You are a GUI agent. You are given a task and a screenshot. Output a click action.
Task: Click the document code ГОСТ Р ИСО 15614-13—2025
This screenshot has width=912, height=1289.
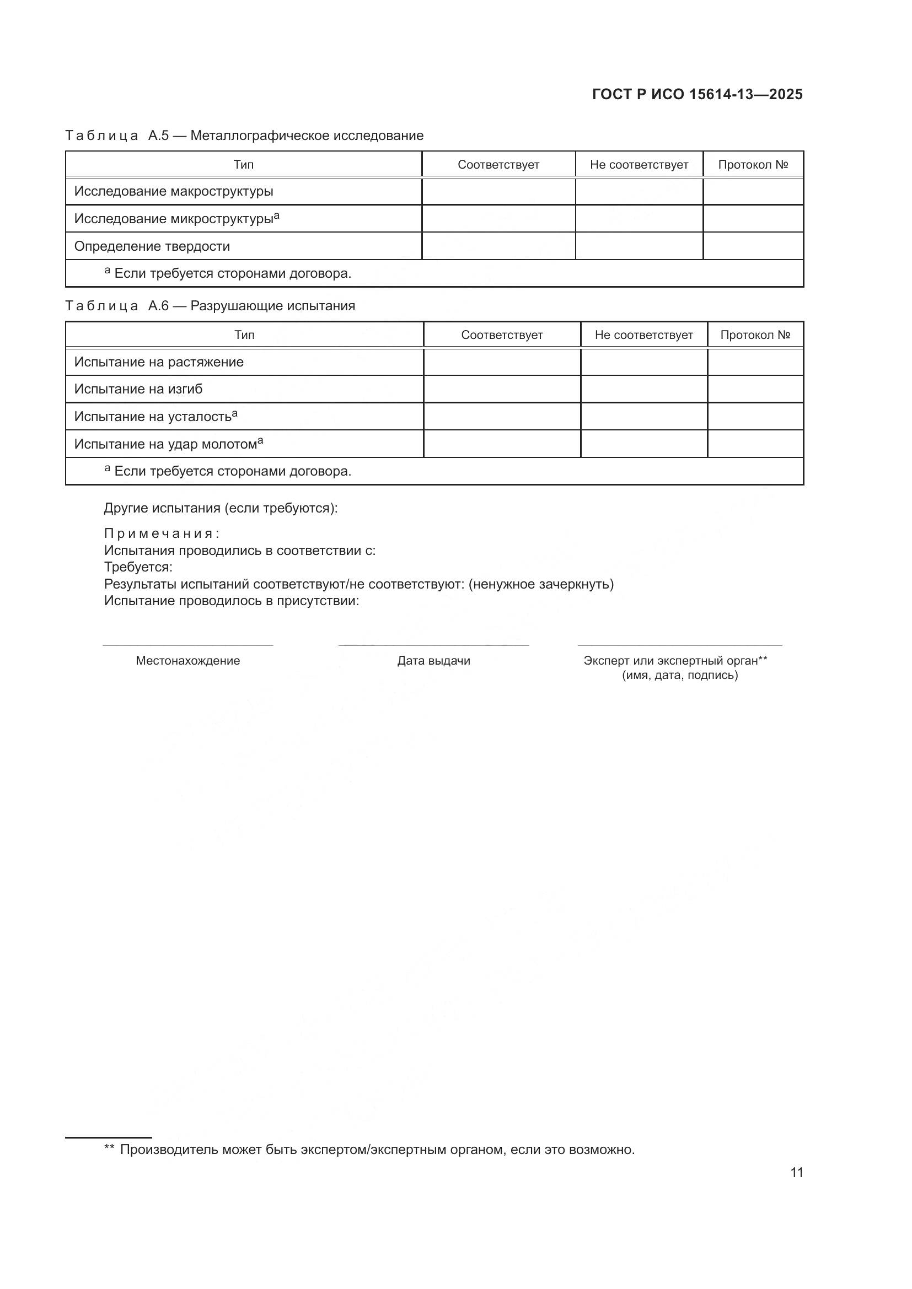(697, 94)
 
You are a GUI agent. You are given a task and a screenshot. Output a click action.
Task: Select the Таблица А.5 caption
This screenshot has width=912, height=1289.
(244, 136)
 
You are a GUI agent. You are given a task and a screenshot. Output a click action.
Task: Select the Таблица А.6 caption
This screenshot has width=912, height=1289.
(210, 306)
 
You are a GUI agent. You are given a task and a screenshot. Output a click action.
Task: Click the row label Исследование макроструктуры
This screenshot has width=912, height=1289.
(174, 191)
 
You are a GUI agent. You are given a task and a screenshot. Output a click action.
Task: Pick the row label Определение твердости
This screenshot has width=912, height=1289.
(152, 246)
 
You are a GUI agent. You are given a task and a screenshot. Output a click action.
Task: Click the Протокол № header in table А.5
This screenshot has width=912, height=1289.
(753, 164)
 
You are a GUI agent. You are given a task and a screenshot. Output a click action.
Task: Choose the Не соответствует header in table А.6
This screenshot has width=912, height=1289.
(643, 335)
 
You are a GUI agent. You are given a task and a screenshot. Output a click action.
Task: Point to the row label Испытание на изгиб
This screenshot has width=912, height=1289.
(138, 389)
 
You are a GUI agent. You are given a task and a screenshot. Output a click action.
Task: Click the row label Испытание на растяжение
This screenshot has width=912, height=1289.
(159, 362)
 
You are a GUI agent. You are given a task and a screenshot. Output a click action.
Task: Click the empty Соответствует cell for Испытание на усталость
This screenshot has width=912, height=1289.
(501, 417)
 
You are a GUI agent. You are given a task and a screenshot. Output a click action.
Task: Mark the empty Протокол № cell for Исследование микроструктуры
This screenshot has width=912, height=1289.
(753, 218)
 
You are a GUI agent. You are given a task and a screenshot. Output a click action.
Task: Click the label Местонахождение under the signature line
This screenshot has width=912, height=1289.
(187, 661)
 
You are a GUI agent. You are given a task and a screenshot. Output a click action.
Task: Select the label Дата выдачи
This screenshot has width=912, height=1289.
(433, 661)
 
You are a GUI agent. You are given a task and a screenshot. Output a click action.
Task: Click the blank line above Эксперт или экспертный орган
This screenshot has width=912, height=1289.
(679, 645)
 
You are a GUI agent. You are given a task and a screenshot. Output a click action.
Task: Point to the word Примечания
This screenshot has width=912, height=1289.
(162, 533)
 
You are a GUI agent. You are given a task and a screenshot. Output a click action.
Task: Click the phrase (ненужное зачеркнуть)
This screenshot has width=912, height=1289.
(541, 584)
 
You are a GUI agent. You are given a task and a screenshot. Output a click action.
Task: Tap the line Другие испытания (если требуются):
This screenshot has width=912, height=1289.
(221, 508)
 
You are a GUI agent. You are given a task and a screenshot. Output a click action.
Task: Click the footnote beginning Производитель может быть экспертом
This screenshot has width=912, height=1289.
(376, 1149)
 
